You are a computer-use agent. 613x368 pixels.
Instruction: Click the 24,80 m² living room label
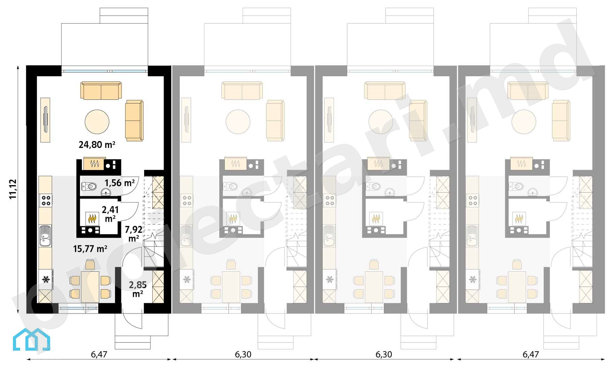coord(97,145)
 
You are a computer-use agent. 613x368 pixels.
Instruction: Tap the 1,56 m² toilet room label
coord(119,183)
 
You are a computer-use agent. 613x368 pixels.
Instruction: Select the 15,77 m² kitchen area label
coord(90,249)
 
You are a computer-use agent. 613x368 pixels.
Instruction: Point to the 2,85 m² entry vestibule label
coord(138,289)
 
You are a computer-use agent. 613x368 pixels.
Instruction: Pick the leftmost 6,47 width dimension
coord(99,354)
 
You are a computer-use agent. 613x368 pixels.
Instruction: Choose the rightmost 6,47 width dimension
coord(531,354)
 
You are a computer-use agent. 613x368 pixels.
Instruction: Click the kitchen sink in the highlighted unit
coord(45,235)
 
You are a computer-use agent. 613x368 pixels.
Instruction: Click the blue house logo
coord(31,339)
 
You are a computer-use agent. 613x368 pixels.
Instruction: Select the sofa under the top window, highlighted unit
coord(101,90)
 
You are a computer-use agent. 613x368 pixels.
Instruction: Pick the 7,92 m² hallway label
coord(134,233)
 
